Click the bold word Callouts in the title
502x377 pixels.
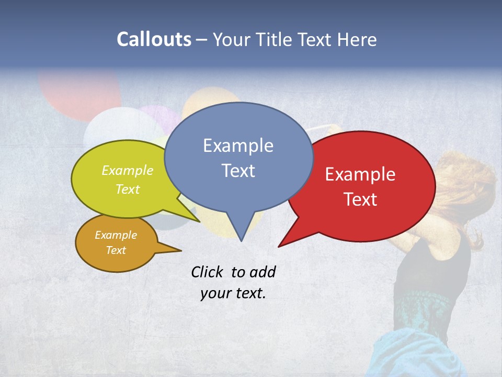coord(154,39)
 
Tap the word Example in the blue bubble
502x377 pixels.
coord(238,146)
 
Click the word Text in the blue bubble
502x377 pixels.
coord(238,171)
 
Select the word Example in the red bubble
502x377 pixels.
coord(360,174)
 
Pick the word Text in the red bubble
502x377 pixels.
coord(360,199)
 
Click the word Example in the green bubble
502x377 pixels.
coord(127,171)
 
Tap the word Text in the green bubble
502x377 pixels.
coord(127,189)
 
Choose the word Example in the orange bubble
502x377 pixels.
coord(116,235)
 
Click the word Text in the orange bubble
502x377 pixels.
coord(116,250)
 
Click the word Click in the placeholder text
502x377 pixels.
coord(208,272)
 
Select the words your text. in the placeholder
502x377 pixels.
coord(233,293)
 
